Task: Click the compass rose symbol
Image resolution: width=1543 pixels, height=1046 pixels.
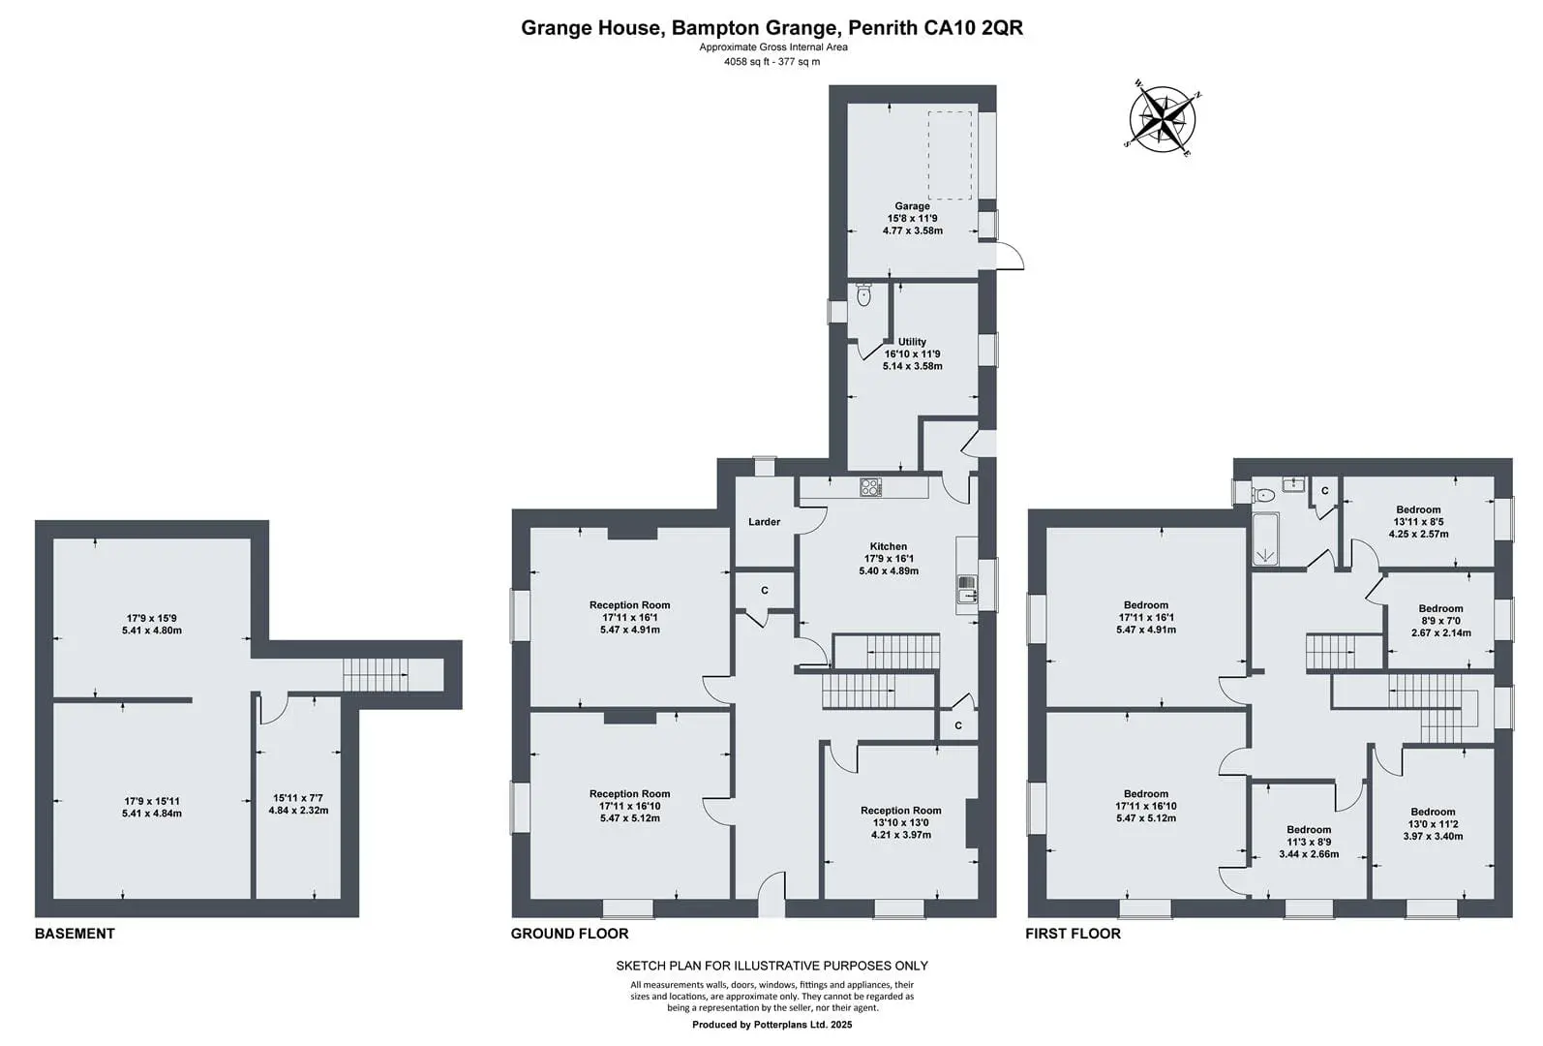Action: point(1163,119)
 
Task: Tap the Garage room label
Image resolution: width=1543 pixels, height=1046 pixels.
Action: point(912,206)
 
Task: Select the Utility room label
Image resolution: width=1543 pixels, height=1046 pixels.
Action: point(912,342)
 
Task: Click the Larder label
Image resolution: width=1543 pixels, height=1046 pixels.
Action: point(765,522)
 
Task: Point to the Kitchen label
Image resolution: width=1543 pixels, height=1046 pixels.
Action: point(889,546)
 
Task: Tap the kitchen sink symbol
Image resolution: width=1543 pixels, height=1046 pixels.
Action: point(967,589)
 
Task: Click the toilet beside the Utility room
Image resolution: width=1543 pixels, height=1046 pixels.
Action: point(863,295)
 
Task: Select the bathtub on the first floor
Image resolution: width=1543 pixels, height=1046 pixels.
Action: point(1265,538)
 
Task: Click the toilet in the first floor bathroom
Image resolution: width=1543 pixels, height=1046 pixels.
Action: point(1263,495)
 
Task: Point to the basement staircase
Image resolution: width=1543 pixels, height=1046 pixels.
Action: point(377,674)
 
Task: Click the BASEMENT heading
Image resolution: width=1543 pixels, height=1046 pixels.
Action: point(75,934)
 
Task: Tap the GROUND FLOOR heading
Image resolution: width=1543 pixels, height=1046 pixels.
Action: point(569,934)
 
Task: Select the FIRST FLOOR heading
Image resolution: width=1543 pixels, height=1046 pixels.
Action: point(1074,934)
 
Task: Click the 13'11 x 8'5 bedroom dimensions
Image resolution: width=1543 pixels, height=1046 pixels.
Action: point(1418,522)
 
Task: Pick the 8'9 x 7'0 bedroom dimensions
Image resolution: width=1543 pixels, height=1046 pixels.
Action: point(1440,621)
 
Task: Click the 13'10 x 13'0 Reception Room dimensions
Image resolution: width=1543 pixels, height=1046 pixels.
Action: point(900,822)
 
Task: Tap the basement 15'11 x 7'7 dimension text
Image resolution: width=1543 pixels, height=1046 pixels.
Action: point(298,798)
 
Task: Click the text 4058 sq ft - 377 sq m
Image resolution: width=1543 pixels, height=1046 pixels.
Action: point(772,61)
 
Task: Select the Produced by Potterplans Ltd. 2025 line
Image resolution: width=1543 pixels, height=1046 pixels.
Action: point(772,1025)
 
